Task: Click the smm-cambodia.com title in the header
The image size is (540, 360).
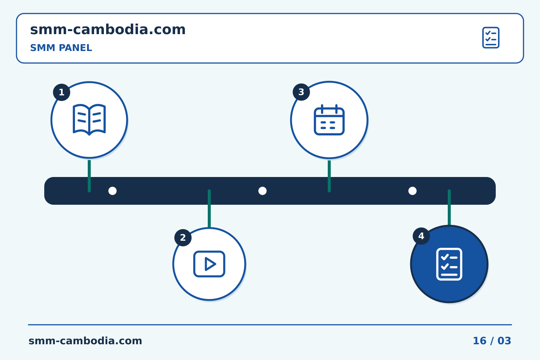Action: coord(108,30)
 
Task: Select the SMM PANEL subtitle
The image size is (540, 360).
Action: coord(61,48)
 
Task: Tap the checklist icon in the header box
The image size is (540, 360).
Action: coord(491,37)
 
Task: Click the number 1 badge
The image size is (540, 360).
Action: coord(61,92)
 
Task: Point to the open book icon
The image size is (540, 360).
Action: coord(89,120)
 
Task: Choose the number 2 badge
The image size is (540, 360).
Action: coord(183,238)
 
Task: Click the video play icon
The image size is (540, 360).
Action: coord(209,264)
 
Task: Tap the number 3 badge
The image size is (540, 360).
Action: coord(301,92)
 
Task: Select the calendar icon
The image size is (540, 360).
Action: coord(329,120)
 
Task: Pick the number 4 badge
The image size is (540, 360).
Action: coord(421,236)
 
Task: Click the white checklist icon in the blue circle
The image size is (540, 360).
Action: coord(449,264)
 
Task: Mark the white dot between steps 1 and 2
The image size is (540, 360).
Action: coord(112,191)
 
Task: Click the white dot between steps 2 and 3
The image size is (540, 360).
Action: coord(262,191)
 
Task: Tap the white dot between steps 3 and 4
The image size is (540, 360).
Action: coord(412,191)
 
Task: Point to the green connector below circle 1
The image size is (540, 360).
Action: coord(89,176)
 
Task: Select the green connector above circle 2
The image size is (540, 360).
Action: coord(209,208)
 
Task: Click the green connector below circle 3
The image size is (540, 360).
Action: coord(329,176)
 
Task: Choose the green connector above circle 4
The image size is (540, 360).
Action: coord(449,207)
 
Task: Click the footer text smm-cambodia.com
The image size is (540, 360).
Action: coord(85,341)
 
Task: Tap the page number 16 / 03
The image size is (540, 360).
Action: coord(492,341)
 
